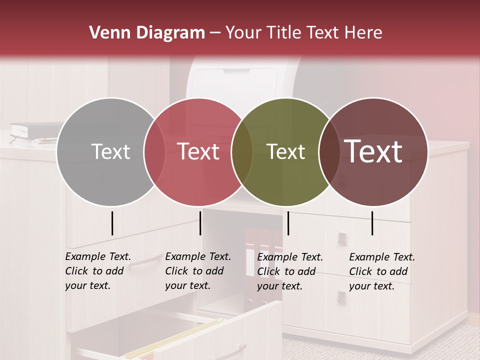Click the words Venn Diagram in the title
point(147,33)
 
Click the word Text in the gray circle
point(110,151)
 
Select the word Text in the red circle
point(198,151)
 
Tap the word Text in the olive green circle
point(285,151)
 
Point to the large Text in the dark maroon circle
point(373,151)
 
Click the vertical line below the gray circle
point(112,223)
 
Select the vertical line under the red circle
point(200,223)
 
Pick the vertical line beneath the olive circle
point(288,223)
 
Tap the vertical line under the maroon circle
point(372,223)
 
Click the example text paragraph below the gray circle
point(97,271)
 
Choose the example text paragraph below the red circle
point(197,271)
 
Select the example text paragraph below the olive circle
point(289,271)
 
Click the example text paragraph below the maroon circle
point(381,271)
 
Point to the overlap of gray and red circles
point(154,151)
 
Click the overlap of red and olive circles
point(242,151)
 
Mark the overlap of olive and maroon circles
point(329,151)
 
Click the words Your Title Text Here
point(303,33)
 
